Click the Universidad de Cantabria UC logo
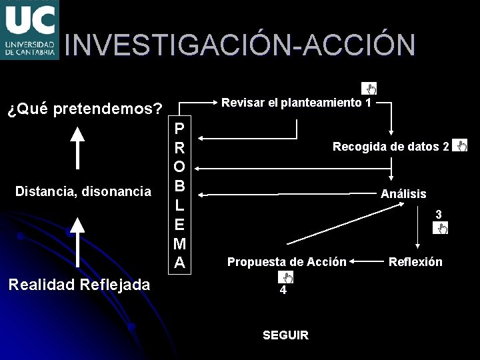coord(29,30)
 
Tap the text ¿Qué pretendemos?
coord(85,108)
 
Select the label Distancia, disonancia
coord(83,192)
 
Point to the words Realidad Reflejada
coord(79,285)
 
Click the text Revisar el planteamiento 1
coord(296,103)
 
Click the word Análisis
coord(403,194)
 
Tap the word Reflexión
coord(415,262)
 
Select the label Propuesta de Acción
coord(287,262)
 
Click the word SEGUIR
coord(285,335)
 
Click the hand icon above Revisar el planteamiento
coord(369,88)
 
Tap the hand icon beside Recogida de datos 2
coord(460,145)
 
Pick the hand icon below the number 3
coord(440,229)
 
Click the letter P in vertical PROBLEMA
coord(179,127)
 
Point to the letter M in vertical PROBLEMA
coord(179,245)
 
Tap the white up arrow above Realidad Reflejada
coord(79,241)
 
